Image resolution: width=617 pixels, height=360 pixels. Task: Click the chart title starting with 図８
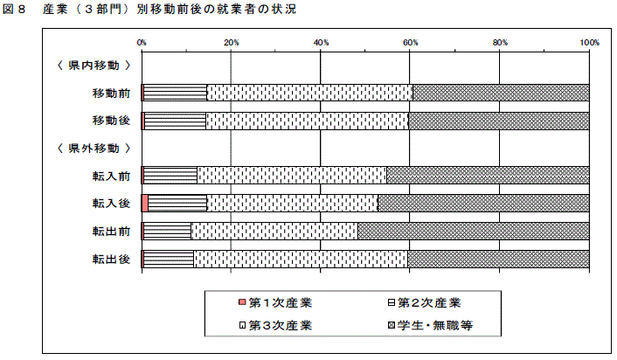coord(149,9)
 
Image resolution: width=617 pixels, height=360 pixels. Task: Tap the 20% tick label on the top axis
coord(232,43)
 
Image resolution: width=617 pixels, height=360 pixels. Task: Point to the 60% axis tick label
coord(410,43)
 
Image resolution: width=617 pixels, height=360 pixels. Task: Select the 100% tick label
coord(589,43)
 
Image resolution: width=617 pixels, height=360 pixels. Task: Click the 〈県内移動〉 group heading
coord(94,66)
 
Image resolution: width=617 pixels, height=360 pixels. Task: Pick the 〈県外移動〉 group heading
coord(94,149)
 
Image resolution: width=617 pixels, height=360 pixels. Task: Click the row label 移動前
coord(111,93)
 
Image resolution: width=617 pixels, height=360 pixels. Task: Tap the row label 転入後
coord(111,204)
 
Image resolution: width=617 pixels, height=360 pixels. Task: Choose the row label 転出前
coord(111,232)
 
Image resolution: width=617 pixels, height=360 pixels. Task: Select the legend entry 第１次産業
coord(275,302)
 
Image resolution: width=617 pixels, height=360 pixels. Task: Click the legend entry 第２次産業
coord(424,302)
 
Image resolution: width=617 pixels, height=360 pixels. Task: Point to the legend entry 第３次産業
coord(275,325)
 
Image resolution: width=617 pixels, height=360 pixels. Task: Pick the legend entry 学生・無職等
coord(430,325)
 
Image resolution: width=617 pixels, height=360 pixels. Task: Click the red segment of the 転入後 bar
coord(145,204)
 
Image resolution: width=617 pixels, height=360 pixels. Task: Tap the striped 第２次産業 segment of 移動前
coord(175,93)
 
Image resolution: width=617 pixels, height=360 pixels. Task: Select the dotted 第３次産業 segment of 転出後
coord(301,259)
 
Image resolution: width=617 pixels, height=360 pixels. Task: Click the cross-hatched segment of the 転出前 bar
coord(474,231)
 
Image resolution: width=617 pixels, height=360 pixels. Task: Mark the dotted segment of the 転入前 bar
coord(292,176)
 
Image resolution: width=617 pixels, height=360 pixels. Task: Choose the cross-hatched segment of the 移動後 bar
coord(499,121)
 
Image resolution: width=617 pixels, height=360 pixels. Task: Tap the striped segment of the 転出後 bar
coord(169,259)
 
